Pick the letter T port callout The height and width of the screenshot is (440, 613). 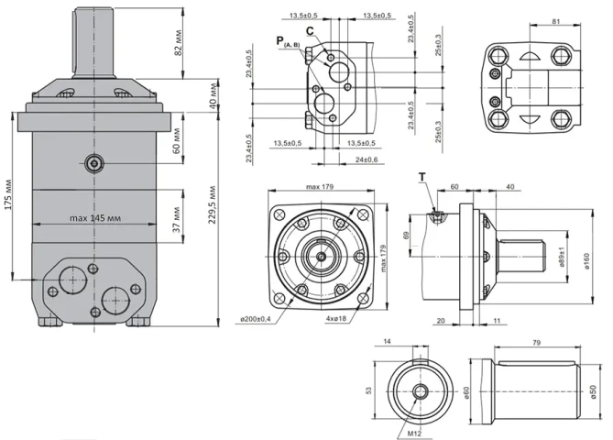pyautogui.click(x=422, y=175)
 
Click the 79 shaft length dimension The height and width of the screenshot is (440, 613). pyautogui.click(x=536, y=342)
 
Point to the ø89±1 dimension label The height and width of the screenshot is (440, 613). pyautogui.click(x=560, y=260)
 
